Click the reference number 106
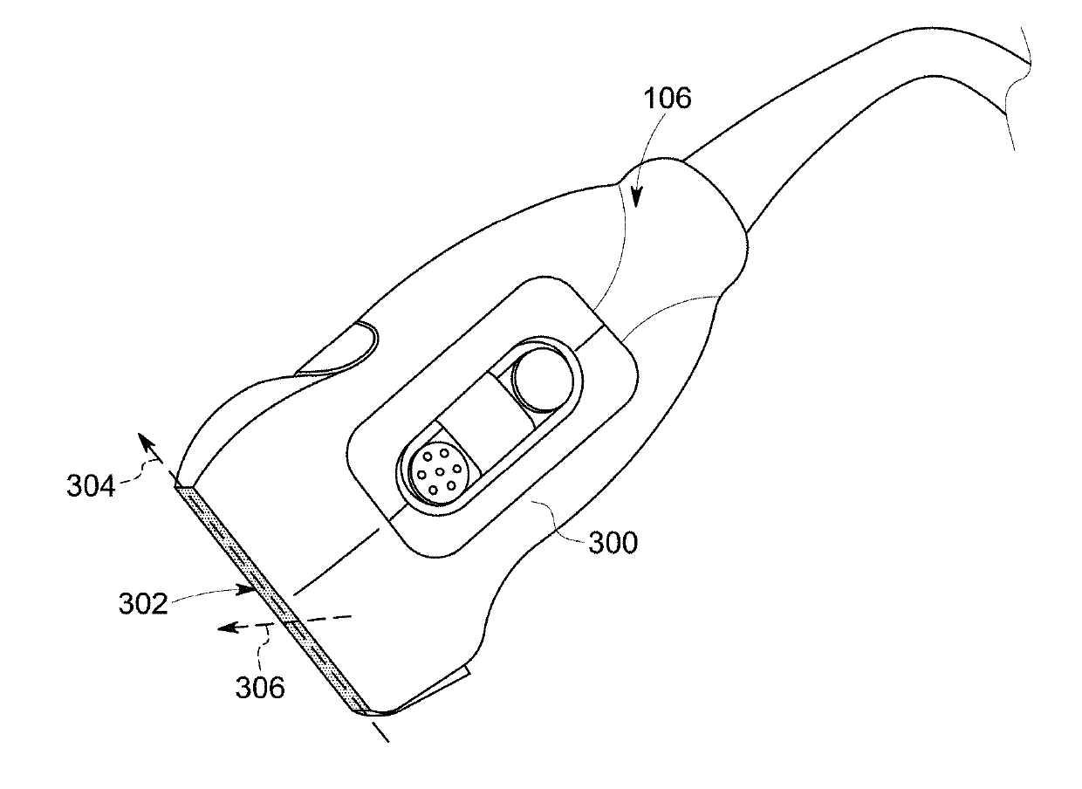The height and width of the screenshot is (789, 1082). (667, 99)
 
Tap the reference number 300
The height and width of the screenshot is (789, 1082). (613, 543)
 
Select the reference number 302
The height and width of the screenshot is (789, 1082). (143, 604)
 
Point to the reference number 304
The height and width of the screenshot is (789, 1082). (91, 486)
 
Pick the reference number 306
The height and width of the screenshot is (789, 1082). (260, 688)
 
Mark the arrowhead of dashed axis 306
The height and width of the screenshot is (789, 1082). (227, 628)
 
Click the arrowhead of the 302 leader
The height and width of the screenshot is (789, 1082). (246, 589)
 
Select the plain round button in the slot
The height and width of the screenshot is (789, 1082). (542, 381)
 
